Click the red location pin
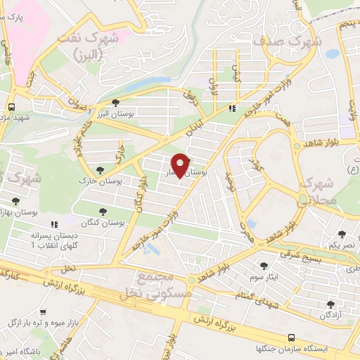click(x=181, y=165)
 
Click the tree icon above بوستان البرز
click(x=125, y=103)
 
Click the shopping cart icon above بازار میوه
click(x=44, y=311)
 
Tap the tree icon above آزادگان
click(x=331, y=304)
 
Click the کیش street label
click(x=236, y=70)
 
